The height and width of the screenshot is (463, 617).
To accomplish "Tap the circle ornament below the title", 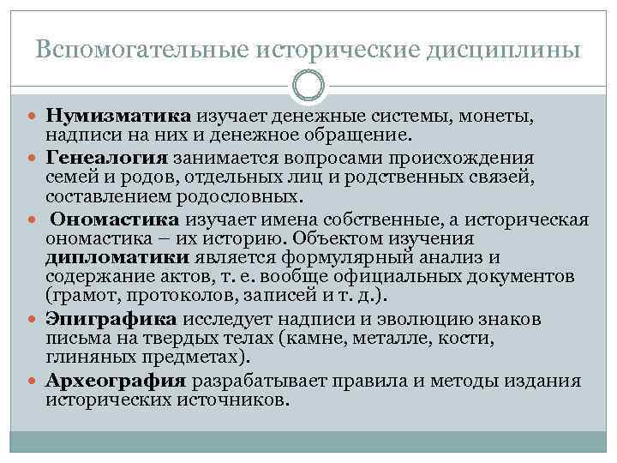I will click(x=308, y=86).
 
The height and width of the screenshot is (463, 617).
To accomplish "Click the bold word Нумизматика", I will click(x=121, y=116).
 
